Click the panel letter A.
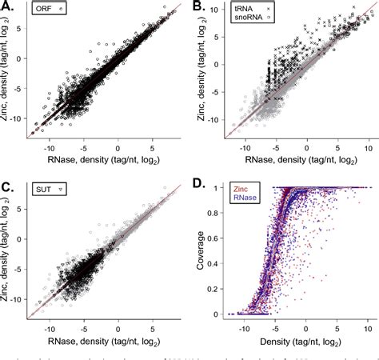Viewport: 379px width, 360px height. (x=7, y=9)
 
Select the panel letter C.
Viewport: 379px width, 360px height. (x=7, y=189)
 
